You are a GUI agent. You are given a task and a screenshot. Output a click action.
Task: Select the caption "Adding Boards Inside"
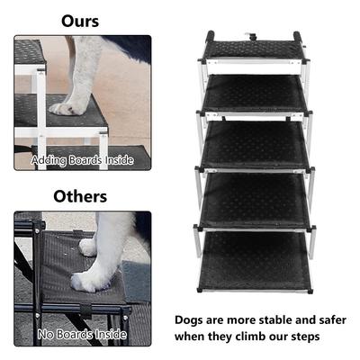(82, 160)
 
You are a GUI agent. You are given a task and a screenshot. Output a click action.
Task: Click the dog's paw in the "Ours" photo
(67, 108)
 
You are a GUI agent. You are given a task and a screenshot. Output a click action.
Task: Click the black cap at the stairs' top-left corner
(209, 38)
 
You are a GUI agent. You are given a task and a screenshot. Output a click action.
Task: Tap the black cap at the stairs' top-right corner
(301, 38)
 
